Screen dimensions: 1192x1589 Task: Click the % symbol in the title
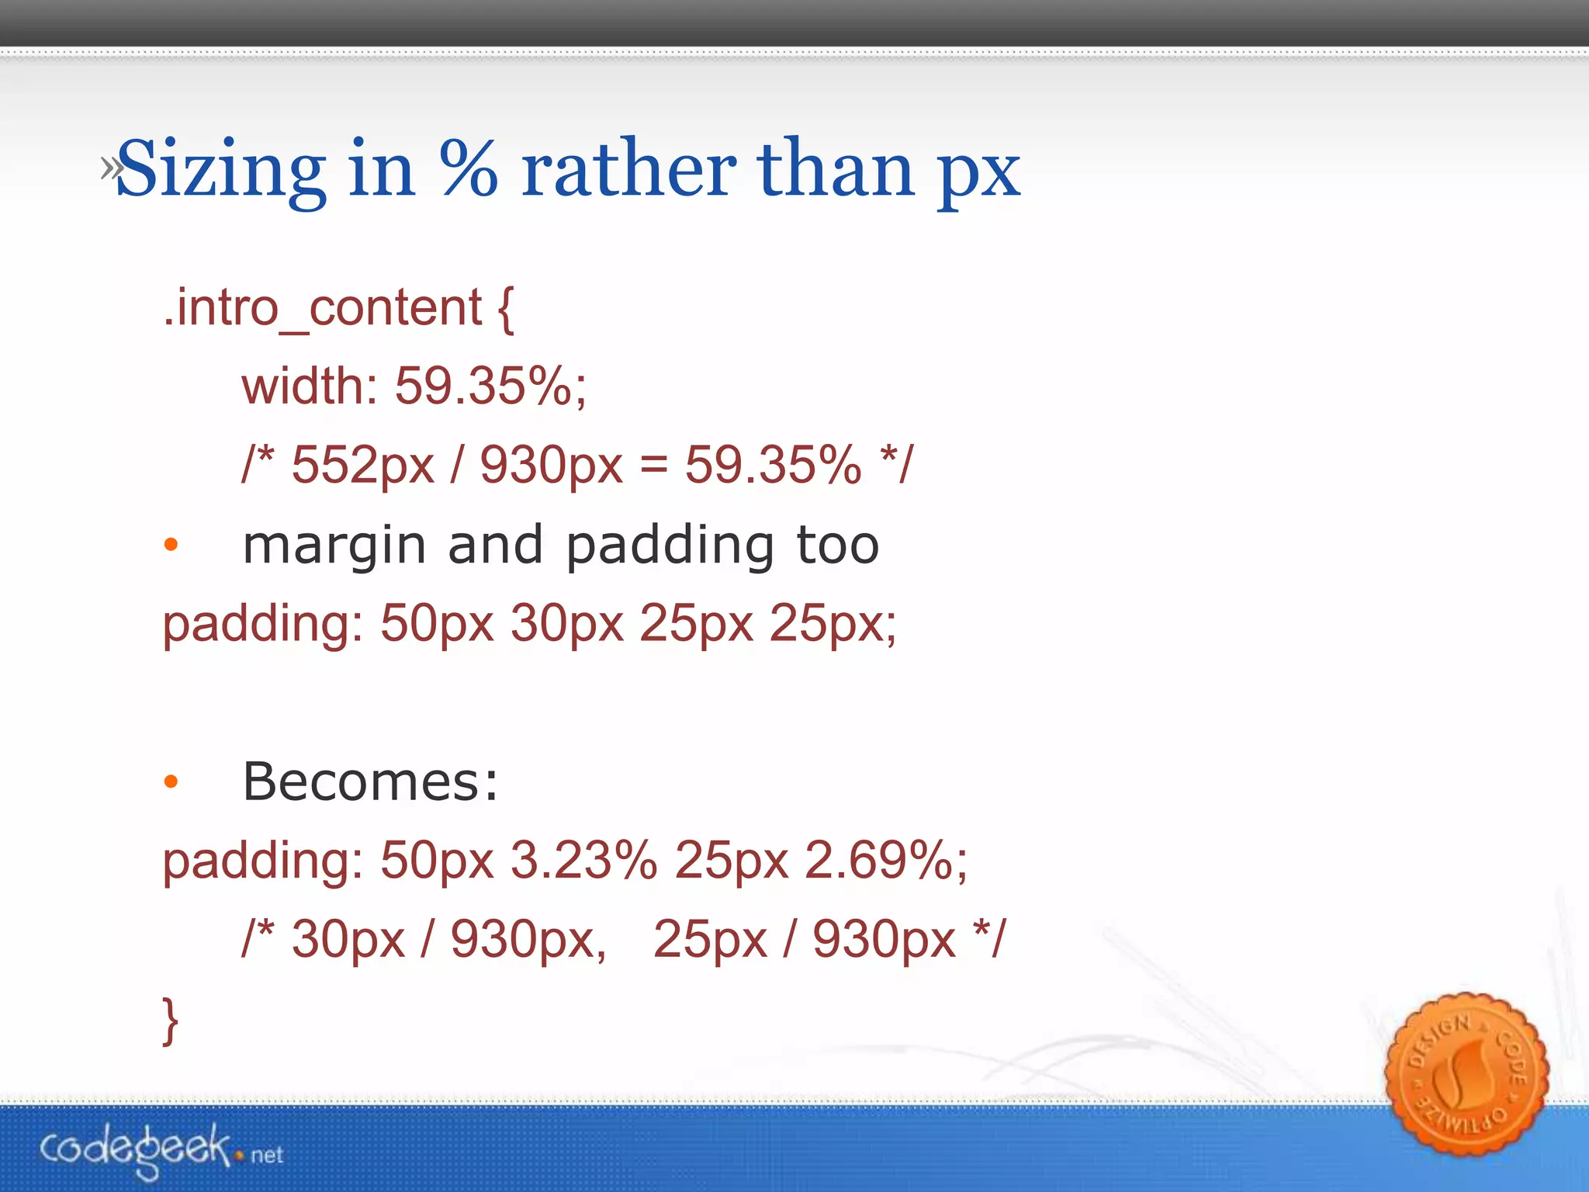point(468,168)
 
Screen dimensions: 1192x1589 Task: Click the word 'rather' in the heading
point(628,168)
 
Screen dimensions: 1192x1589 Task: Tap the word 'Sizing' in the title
point(221,170)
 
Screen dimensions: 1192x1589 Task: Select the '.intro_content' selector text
point(322,308)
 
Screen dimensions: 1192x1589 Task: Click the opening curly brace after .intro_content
point(505,308)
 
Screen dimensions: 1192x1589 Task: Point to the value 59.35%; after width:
point(490,386)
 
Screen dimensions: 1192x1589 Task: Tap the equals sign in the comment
point(653,465)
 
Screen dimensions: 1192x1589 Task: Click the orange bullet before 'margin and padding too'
point(171,545)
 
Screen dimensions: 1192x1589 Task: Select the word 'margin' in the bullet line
point(334,546)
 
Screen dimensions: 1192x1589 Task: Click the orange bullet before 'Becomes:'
point(171,781)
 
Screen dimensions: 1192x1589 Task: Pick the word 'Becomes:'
point(370,781)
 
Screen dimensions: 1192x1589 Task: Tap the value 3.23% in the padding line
point(583,861)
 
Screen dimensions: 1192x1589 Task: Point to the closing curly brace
point(170,1020)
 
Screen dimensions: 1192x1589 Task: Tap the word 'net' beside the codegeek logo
point(267,1156)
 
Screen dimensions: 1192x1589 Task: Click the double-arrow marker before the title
point(110,167)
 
